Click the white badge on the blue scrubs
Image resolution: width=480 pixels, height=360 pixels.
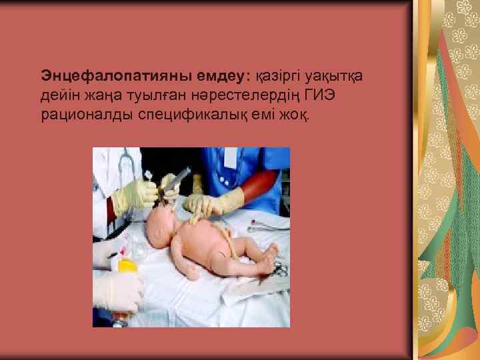(231, 157)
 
